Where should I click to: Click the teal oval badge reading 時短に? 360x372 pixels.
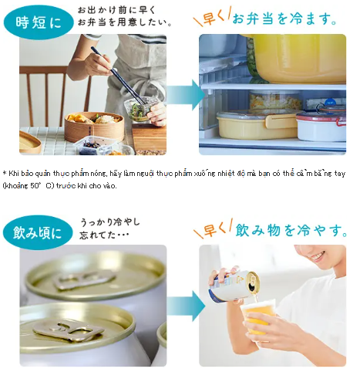coord(39,22)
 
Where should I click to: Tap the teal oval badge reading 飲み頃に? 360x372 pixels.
coord(38,233)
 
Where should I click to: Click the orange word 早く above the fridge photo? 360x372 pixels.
coord(212,18)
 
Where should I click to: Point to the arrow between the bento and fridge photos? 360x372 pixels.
coord(186,95)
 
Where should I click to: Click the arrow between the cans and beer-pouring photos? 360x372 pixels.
coord(186,306)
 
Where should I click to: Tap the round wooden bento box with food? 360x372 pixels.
coord(94,127)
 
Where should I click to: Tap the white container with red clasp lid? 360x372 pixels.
coord(321,125)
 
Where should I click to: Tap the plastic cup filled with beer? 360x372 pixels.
coord(257,318)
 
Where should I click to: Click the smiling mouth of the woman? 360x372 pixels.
coord(318,256)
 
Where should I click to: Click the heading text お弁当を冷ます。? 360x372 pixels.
coord(284,19)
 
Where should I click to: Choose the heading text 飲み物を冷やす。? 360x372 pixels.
coord(291,230)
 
